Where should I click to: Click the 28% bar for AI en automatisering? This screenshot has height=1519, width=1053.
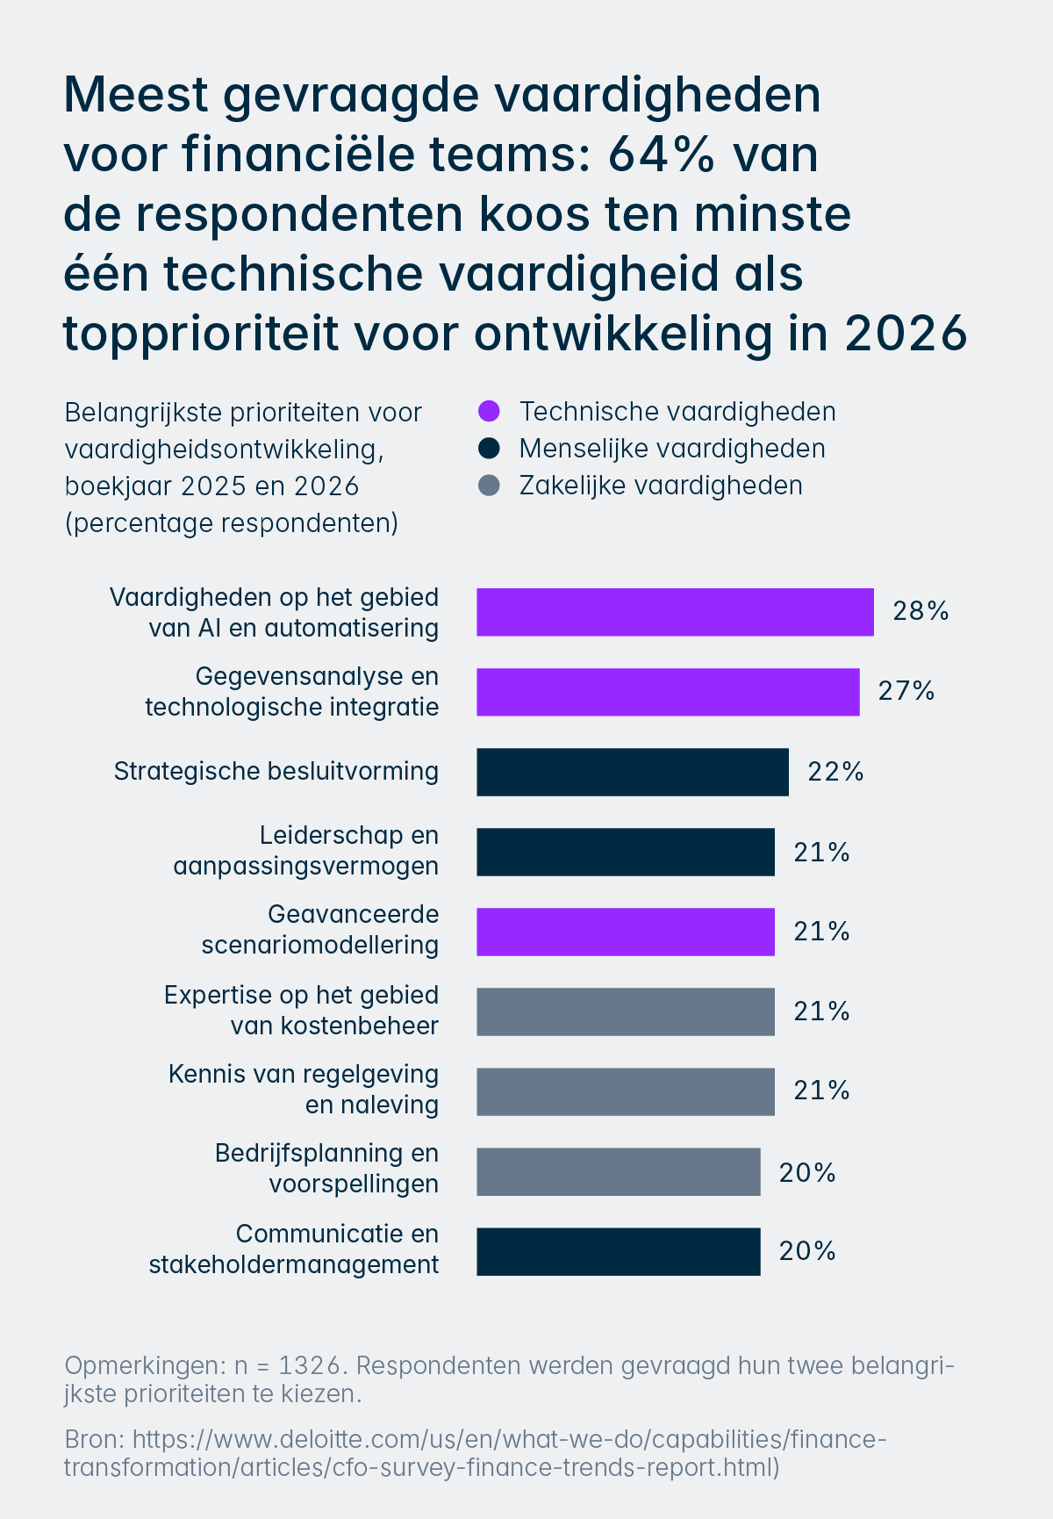click(675, 612)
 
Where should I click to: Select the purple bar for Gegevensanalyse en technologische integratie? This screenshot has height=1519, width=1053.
click(668, 692)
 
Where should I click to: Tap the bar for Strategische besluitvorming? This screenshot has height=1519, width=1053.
click(632, 772)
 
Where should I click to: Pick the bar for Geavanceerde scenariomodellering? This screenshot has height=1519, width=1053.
click(625, 932)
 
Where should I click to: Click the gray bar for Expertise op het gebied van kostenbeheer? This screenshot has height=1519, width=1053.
click(625, 1011)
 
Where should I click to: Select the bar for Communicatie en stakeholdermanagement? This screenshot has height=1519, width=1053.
click(618, 1251)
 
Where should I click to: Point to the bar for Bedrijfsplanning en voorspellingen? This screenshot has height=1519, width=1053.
click(618, 1171)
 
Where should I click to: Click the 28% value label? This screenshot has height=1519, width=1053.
click(920, 611)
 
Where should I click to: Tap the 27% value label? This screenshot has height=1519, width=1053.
click(906, 691)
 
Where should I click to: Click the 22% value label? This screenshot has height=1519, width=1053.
click(835, 772)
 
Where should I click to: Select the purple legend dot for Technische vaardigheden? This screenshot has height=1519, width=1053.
click(489, 411)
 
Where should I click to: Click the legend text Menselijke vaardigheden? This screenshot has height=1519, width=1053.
click(672, 449)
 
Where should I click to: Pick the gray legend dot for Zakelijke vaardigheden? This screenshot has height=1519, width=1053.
click(489, 486)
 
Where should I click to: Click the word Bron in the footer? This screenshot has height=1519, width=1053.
click(93, 1439)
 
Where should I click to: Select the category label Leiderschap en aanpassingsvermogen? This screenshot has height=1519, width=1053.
click(305, 850)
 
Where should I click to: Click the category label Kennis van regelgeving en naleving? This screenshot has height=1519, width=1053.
click(304, 1089)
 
